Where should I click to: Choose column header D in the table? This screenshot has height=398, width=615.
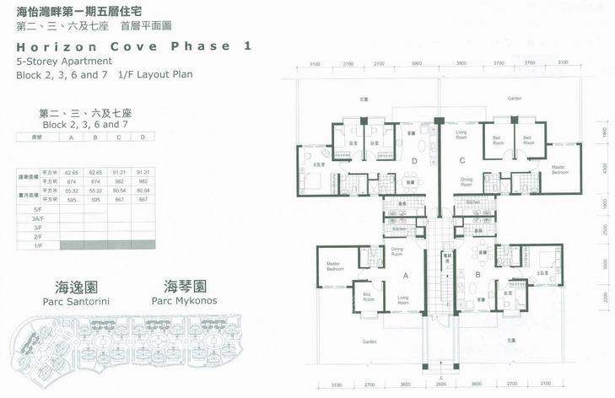pos(143,137)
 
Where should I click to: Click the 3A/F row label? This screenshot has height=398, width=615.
pos(37,218)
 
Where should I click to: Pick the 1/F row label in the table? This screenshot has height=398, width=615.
pos(37,245)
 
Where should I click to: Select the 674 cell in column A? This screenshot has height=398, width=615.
pos(72,180)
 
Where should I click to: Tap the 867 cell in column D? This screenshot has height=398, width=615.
pos(143,199)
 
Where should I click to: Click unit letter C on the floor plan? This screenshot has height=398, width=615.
pos(461,160)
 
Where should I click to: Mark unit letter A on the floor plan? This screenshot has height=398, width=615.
pos(406,274)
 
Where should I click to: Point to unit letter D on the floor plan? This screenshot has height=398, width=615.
pos(413,160)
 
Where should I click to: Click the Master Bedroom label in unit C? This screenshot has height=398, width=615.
pos(558,169)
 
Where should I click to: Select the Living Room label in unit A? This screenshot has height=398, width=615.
pos(403,298)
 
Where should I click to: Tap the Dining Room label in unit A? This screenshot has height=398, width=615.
pos(397,250)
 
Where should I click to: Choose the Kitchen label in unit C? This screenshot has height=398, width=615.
pos(473,202)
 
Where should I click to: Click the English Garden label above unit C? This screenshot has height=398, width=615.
pos(514,99)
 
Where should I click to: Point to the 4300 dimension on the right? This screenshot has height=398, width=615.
pos(604,168)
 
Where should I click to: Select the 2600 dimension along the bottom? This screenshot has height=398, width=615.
pos(440,385)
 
